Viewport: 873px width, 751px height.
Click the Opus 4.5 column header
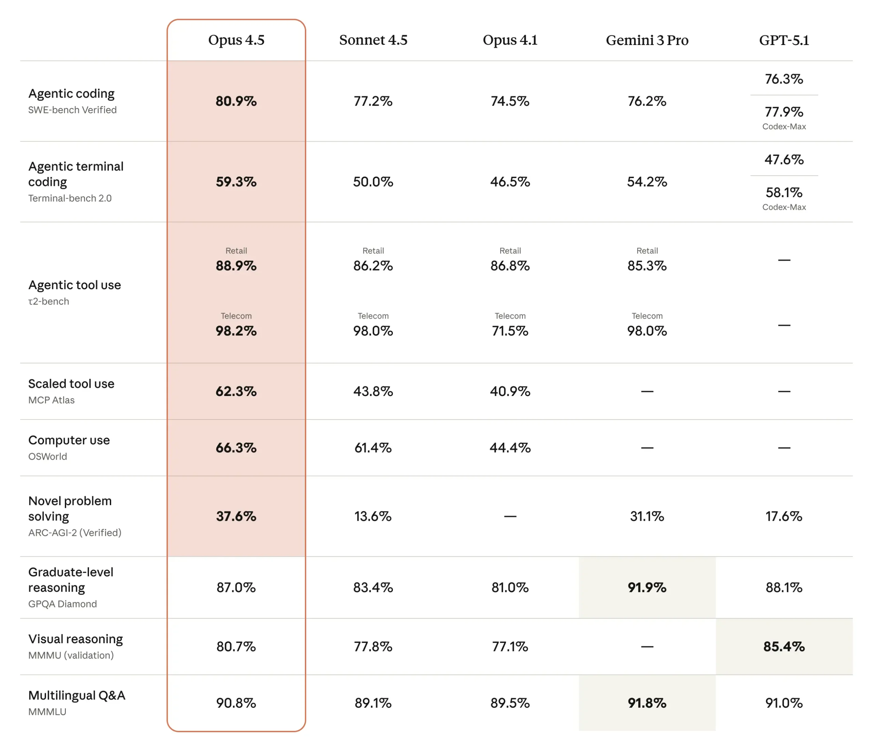[236, 40]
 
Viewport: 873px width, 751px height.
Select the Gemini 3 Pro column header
[647, 40]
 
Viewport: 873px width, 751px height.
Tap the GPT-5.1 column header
[784, 40]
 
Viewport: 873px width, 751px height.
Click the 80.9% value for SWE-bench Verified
[236, 101]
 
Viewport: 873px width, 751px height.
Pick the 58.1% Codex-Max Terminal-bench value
[784, 193]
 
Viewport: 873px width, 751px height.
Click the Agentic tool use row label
[75, 285]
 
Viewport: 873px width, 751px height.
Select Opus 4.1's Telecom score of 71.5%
[510, 331]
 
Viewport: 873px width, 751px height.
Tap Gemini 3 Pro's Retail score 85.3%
[647, 266]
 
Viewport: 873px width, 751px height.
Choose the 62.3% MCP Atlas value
[236, 392]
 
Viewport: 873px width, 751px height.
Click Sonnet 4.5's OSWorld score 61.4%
[373, 447]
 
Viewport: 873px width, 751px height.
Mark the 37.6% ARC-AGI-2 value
[236, 516]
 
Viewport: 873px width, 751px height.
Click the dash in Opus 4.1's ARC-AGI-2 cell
[510, 516]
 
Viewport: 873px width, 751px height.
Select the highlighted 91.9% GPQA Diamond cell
[647, 588]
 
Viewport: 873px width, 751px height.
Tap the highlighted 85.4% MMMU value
[784, 647]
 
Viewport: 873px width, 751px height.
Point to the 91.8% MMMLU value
[647, 703]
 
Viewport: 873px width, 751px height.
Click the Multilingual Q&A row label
[77, 695]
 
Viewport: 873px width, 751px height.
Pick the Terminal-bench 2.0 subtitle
[70, 198]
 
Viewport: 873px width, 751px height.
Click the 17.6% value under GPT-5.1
[784, 516]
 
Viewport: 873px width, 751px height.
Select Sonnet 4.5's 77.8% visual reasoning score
[373, 647]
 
